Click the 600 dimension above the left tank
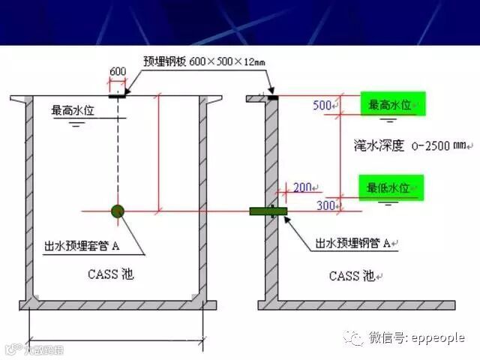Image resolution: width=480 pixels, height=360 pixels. pos(118,71)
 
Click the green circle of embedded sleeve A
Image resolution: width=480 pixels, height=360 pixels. pos(118,211)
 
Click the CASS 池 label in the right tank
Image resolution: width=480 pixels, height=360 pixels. pos(355,276)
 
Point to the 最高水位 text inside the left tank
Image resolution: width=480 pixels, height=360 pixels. pos(74,111)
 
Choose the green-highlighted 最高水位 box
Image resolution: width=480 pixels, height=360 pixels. pos(391,105)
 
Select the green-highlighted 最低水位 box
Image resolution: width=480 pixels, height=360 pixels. pos(391,187)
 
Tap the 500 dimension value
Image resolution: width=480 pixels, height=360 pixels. pos(322,105)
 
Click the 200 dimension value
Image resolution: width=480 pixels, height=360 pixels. pos(303,187)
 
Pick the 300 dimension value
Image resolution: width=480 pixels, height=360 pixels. pos(326,205)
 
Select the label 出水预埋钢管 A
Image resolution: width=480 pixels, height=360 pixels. pos(354,243)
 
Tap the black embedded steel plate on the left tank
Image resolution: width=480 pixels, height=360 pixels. pos(118,95)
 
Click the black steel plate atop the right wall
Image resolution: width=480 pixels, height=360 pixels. pos(272,97)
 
